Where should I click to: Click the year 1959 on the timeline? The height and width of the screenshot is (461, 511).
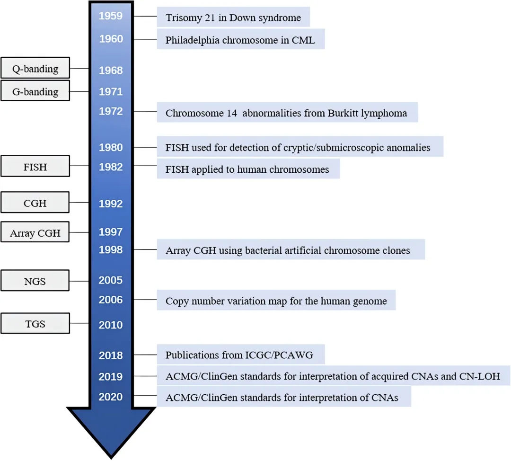pyautogui.click(x=111, y=16)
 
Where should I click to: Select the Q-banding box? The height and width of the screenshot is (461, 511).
pyautogui.click(x=35, y=69)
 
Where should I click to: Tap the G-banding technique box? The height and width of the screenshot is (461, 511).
pyautogui.click(x=35, y=91)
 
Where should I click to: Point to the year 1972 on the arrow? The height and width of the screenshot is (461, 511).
pyautogui.click(x=111, y=112)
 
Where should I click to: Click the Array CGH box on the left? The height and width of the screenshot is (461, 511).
pyautogui.click(x=35, y=233)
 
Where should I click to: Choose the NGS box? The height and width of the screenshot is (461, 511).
pyautogui.click(x=35, y=281)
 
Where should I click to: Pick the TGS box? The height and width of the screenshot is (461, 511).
pyautogui.click(x=35, y=324)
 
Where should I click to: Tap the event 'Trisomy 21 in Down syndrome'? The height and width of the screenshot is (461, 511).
pyautogui.click(x=233, y=18)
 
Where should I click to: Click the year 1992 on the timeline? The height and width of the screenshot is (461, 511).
pyautogui.click(x=111, y=204)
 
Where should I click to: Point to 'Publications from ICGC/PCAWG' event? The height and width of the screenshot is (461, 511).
pyautogui.click(x=239, y=355)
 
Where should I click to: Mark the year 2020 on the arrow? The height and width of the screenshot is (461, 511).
pyautogui.click(x=111, y=397)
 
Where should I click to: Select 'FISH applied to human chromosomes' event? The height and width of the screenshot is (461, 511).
pyautogui.click(x=247, y=169)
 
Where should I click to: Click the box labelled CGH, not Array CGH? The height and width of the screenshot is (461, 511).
pyautogui.click(x=35, y=203)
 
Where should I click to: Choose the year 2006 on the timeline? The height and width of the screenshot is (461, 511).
pyautogui.click(x=111, y=300)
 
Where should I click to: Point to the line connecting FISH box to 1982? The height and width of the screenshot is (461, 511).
pyautogui.click(x=79, y=166)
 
